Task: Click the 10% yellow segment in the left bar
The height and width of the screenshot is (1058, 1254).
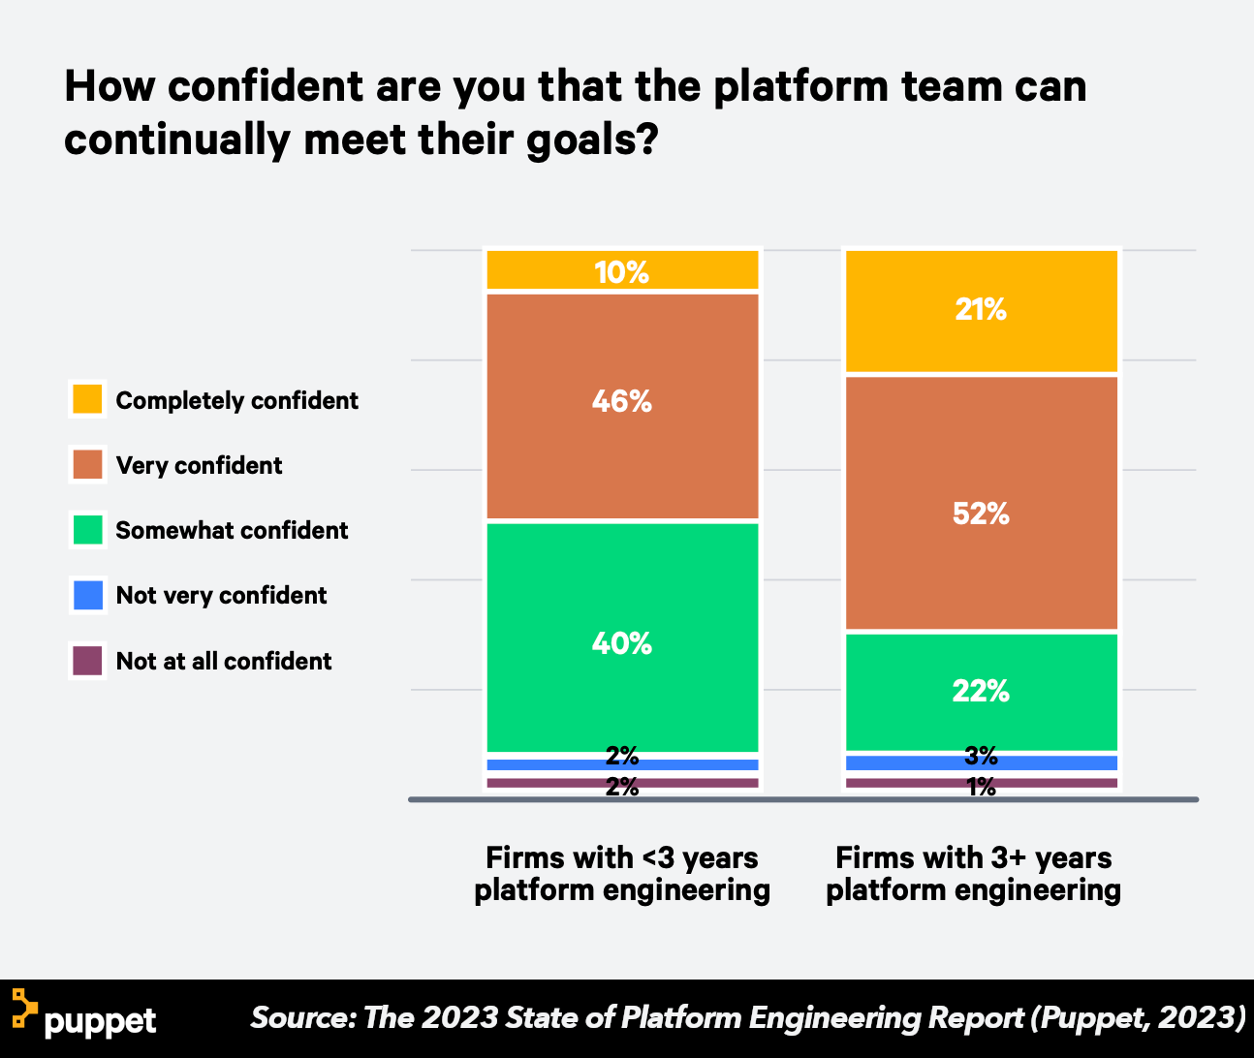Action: click(622, 270)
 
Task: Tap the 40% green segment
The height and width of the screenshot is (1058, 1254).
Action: click(622, 638)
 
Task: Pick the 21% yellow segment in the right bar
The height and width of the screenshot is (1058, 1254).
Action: click(982, 311)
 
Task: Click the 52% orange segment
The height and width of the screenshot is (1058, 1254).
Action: click(982, 504)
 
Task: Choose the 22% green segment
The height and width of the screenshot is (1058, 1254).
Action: click(982, 692)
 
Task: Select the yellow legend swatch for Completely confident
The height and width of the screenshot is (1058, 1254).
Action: click(87, 399)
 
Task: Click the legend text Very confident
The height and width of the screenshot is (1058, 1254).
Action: click(199, 466)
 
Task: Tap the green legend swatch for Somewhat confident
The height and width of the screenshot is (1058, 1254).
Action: click(87, 529)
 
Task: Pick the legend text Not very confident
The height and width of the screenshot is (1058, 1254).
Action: click(221, 596)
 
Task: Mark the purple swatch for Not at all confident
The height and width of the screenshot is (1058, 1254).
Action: click(87, 661)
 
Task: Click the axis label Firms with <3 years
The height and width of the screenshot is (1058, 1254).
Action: click(622, 858)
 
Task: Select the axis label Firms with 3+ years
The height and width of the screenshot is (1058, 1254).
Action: click(973, 858)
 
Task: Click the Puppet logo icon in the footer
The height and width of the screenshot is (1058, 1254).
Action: click(24, 1009)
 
